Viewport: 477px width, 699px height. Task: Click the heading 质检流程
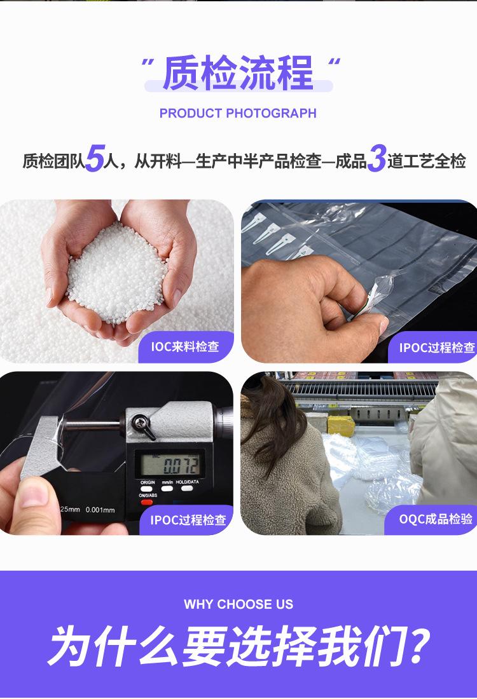point(238,72)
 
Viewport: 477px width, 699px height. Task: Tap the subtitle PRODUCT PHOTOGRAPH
point(238,113)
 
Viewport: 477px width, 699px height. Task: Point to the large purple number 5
point(94,158)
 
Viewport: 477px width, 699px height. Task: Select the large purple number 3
point(377,158)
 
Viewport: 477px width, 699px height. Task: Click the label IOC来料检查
point(184,346)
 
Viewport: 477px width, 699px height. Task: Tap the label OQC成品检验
point(436,519)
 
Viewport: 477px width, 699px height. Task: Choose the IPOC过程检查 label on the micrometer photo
point(188,520)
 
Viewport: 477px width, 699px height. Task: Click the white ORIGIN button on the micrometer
point(147,489)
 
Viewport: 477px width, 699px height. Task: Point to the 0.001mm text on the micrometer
point(100,510)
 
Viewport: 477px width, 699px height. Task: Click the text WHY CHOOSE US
point(238,604)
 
